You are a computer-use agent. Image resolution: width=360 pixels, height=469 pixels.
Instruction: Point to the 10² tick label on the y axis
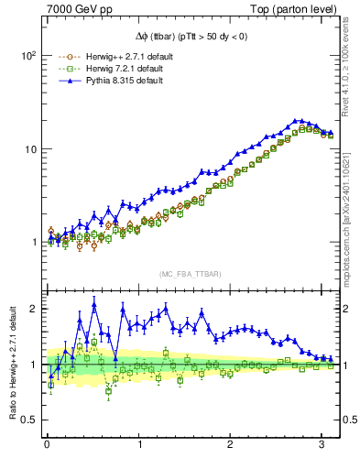pos(28,55)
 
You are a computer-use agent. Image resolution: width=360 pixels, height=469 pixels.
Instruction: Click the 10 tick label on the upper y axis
pos(30,149)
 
